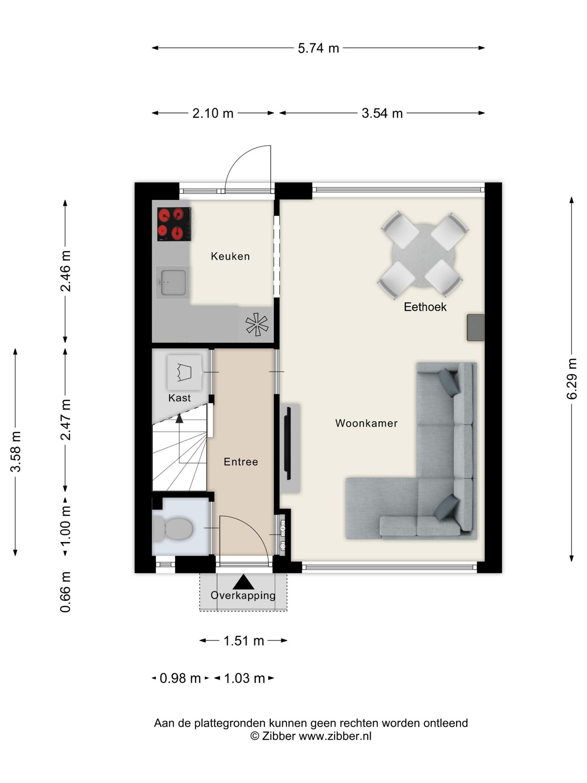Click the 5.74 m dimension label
pyautogui.click(x=318, y=48)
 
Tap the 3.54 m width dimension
pyautogui.click(x=382, y=113)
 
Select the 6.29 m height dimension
pyautogui.click(x=572, y=379)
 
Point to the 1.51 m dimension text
pyautogui.click(x=244, y=641)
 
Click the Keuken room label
pyautogui.click(x=230, y=256)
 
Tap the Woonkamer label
pyautogui.click(x=366, y=423)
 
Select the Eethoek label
pyautogui.click(x=425, y=307)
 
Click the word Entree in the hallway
pyautogui.click(x=241, y=462)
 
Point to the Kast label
pyautogui.click(x=179, y=398)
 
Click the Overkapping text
pyautogui.click(x=243, y=595)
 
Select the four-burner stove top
pyautogui.click(x=174, y=224)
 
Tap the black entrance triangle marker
pyautogui.click(x=243, y=582)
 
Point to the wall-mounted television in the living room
pyautogui.click(x=288, y=443)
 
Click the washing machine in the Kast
pyautogui.click(x=184, y=372)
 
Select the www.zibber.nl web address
pyautogui.click(x=335, y=736)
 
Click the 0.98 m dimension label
pyautogui.click(x=180, y=679)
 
